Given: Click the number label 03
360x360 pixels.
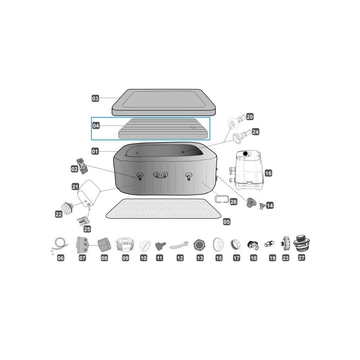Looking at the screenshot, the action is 95,99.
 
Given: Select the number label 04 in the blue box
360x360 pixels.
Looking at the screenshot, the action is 96,126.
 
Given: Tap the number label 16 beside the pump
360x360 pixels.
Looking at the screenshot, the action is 268,173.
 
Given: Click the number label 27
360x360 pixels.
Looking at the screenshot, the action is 301,257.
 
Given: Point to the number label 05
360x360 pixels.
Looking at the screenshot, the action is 227,221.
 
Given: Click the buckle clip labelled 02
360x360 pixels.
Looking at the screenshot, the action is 82,166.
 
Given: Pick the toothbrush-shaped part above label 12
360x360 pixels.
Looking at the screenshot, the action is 179,245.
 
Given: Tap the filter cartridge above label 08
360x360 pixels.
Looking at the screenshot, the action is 104,245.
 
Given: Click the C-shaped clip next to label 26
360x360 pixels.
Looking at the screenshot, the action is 222,199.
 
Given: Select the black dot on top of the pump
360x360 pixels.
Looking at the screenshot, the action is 245,153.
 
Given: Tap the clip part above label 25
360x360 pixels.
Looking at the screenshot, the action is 83,221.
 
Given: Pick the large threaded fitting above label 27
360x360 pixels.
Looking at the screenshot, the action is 301,243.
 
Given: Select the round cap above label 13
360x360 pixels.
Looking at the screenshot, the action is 199,245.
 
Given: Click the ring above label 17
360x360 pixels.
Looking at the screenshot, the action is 235,244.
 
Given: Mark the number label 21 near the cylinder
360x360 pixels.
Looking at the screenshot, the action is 75,187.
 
